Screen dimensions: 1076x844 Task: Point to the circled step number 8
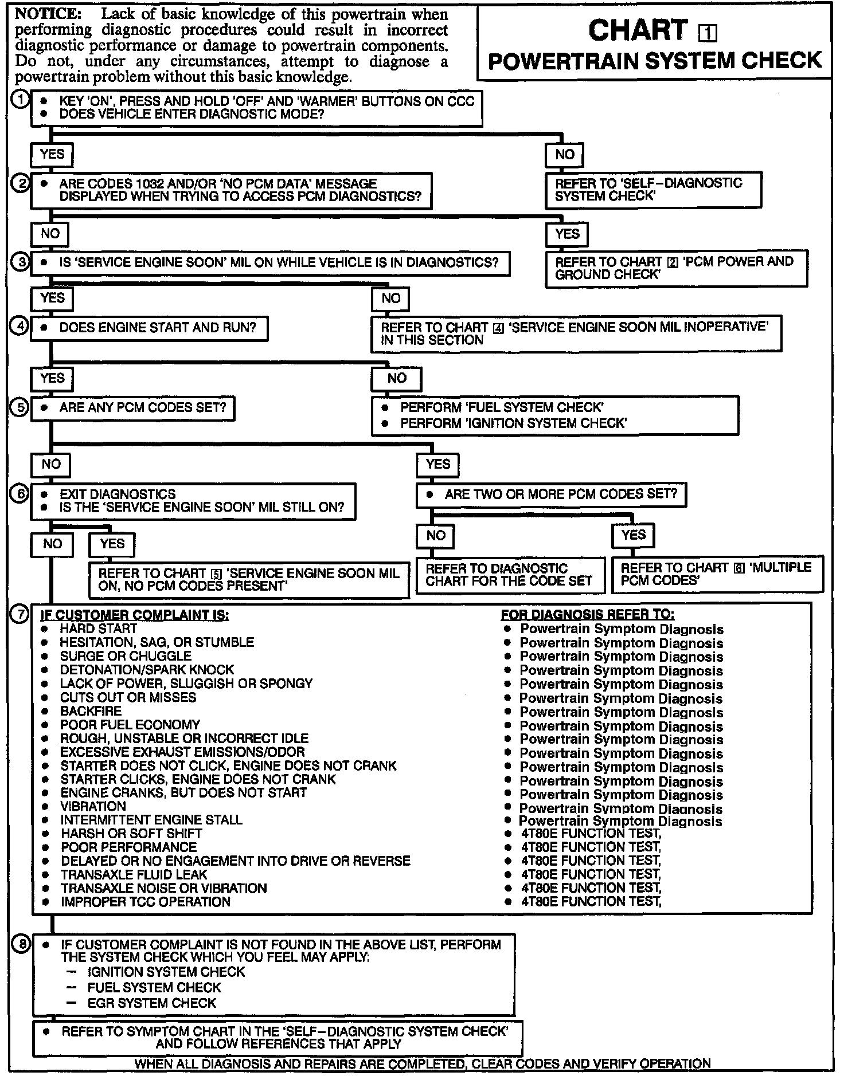(x=21, y=944)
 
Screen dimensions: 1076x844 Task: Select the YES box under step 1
(x=52, y=154)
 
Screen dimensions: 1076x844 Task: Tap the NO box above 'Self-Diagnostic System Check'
(x=564, y=154)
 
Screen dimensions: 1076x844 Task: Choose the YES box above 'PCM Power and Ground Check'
(x=567, y=234)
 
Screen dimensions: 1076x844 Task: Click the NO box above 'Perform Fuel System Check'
(x=397, y=378)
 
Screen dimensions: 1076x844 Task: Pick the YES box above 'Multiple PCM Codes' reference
(x=633, y=535)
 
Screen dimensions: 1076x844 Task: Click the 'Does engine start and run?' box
(x=149, y=328)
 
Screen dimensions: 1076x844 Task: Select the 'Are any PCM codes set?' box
(x=133, y=408)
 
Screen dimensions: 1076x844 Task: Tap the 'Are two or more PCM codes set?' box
(x=551, y=494)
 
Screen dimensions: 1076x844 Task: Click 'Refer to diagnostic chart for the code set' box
(x=510, y=575)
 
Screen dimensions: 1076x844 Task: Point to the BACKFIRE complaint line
(x=91, y=711)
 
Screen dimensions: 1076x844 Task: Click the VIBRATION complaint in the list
(x=93, y=806)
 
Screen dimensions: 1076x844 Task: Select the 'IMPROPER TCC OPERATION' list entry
(x=145, y=902)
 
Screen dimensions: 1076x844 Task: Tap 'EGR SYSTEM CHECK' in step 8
(x=151, y=1003)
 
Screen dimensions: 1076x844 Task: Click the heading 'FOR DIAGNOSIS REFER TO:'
(x=588, y=615)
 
